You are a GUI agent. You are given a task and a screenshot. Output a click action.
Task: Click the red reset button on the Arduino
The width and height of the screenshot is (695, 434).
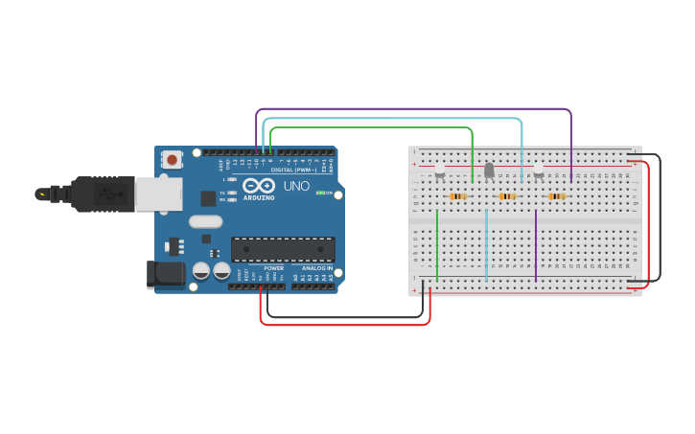pos(172,160)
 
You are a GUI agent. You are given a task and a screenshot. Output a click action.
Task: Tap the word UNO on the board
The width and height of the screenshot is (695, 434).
pos(296,185)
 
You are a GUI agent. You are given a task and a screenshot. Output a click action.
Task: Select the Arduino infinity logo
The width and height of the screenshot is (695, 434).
pos(258,185)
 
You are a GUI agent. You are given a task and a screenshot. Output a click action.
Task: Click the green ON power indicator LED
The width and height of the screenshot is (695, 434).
pos(320,193)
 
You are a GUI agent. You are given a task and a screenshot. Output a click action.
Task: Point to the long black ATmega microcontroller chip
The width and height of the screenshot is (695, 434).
pos(283,249)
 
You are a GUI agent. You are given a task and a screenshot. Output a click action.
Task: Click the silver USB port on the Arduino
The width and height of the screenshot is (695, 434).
pos(158,194)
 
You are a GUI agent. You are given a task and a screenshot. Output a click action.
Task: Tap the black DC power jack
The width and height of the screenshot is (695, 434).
pos(166,274)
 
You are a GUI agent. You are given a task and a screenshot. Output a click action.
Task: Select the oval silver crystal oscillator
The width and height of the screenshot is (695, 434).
pos(205,221)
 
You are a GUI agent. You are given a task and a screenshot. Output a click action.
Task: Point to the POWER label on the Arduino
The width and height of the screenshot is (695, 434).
pos(273,268)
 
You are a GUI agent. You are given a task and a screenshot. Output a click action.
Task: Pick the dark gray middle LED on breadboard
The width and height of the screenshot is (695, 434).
pos(489,170)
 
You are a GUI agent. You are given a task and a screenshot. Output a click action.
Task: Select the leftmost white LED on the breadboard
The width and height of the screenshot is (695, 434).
pos(440,170)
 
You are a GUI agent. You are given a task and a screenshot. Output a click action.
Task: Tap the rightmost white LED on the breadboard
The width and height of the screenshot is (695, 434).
pos(539,170)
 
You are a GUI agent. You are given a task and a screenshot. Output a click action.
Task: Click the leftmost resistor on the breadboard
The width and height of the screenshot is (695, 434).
pos(458,196)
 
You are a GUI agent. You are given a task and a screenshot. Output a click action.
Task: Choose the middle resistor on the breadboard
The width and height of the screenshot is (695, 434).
pos(507,196)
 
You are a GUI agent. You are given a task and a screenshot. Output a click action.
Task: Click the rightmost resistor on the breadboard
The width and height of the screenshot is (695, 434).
pos(557,196)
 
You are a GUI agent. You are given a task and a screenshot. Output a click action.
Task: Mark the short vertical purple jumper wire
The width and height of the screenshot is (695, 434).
pos(536,244)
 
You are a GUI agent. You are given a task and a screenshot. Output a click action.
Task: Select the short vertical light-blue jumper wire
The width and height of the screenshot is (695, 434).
pos(486,244)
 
